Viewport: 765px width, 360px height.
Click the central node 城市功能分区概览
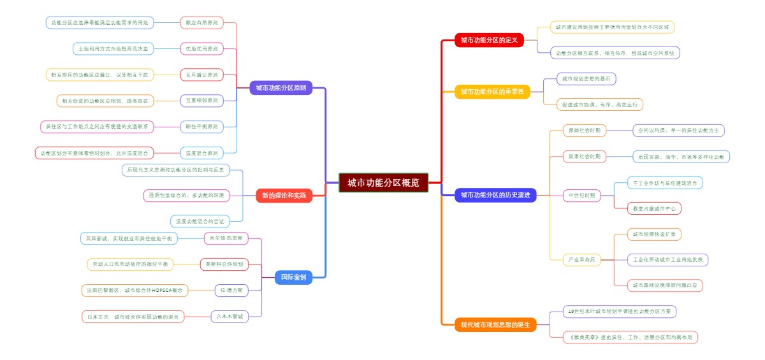tap(383, 183)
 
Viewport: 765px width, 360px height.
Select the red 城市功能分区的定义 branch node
tap(488, 40)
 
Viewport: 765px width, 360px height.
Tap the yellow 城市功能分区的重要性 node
tap(492, 92)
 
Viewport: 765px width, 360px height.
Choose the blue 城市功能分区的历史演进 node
tap(495, 195)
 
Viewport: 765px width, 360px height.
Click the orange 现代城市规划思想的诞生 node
tap(495, 325)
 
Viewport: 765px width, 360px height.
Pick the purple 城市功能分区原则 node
tap(280, 88)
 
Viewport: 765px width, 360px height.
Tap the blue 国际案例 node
tap(293, 277)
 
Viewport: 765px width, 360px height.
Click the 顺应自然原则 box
tap(201, 23)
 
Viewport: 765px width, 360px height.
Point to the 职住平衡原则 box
tap(201, 127)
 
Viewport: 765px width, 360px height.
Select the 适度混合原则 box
tap(201, 153)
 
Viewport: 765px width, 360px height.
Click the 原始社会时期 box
tap(585, 131)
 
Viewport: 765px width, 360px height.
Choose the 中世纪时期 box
tap(581, 195)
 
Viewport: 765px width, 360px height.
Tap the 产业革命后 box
tap(582, 260)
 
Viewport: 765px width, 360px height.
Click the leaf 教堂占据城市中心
tap(654, 208)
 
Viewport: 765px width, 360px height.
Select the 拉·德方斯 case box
tap(231, 290)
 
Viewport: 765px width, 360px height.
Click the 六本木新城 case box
tap(229, 316)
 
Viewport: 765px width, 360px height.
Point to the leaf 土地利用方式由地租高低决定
tap(113, 48)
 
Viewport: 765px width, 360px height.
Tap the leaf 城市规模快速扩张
tap(653, 234)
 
